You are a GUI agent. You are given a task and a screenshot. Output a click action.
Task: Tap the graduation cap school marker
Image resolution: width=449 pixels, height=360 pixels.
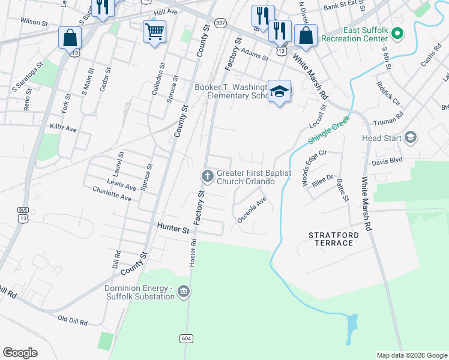coord(279,91)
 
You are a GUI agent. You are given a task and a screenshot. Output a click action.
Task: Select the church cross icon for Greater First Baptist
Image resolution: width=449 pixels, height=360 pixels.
coord(207,176)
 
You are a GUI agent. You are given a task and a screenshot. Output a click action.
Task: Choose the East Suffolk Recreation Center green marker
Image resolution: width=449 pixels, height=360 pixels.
coord(397,32)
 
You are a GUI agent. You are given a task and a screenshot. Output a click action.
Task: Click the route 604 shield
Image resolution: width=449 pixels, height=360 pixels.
coord(186,339)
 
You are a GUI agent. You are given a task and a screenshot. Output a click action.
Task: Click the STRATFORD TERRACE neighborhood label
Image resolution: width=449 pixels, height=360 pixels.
coord(331,238)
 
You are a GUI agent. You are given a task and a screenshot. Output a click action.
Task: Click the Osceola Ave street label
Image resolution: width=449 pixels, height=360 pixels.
coord(252,211)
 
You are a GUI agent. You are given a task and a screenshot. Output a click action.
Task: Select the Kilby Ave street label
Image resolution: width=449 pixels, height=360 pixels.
coord(63,128)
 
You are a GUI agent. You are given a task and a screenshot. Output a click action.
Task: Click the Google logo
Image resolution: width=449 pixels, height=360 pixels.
coord(20,353)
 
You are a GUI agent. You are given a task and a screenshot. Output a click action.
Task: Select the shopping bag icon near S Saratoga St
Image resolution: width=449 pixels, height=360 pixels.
coord(70,37)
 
